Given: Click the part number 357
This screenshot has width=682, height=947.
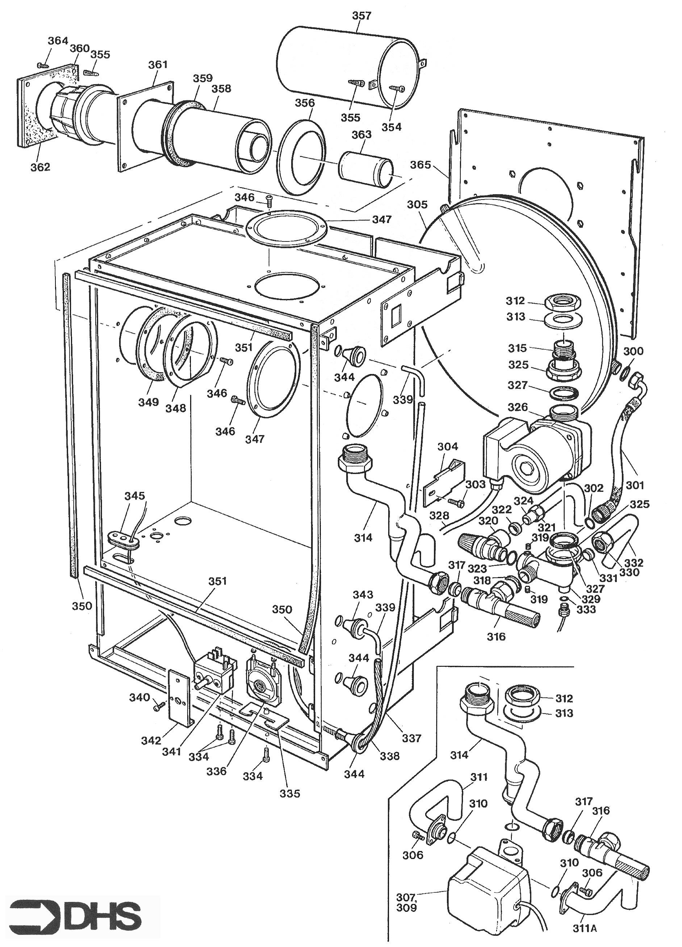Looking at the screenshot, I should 361,16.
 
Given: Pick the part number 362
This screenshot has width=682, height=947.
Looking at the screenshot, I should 40,167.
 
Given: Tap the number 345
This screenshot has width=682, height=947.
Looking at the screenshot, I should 134,496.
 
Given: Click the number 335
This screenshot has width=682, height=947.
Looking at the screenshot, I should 290,794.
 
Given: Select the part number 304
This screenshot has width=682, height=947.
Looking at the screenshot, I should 448,446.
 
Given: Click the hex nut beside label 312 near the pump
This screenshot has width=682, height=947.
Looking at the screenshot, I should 562,302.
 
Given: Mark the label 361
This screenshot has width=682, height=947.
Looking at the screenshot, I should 158,64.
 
